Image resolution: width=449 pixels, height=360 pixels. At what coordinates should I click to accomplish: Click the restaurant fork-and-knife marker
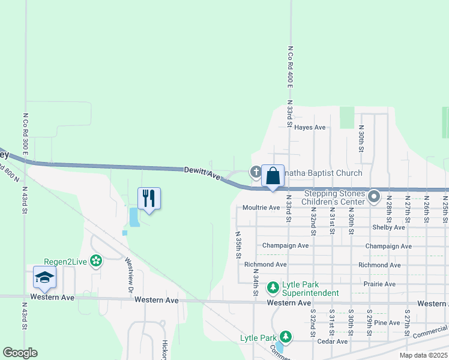tap(149, 198)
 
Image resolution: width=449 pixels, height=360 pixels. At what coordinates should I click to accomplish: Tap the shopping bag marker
tap(273, 176)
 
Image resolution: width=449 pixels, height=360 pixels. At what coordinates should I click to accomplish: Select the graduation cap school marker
tap(44, 278)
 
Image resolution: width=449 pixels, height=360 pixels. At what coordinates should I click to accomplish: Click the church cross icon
tap(255, 173)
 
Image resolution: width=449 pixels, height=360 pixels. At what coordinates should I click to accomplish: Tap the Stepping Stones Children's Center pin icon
tap(375, 197)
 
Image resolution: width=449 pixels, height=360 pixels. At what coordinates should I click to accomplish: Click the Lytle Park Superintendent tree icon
tap(273, 289)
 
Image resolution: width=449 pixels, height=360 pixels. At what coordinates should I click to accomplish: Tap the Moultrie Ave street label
tap(262, 208)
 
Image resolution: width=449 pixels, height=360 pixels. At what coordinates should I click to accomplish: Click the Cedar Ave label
tap(333, 341)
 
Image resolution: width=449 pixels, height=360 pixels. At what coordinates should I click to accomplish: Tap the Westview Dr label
tap(129, 271)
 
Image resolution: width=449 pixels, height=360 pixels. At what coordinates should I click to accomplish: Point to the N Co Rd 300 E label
tap(26, 134)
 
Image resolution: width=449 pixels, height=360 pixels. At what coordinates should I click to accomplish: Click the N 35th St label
tap(238, 245)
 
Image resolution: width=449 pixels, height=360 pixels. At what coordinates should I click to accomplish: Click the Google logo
tap(20, 353)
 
